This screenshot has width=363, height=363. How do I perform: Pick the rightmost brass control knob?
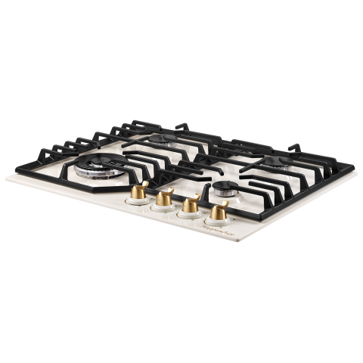(219, 213)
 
